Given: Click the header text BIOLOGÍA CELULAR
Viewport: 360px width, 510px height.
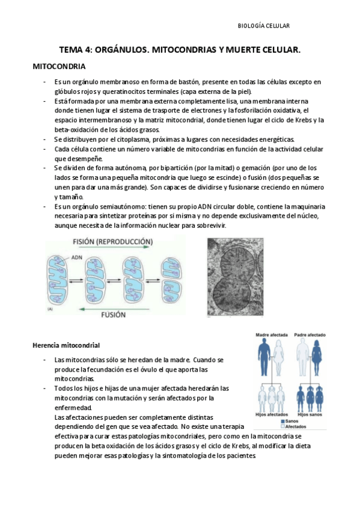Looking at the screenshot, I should (x=264, y=26).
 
